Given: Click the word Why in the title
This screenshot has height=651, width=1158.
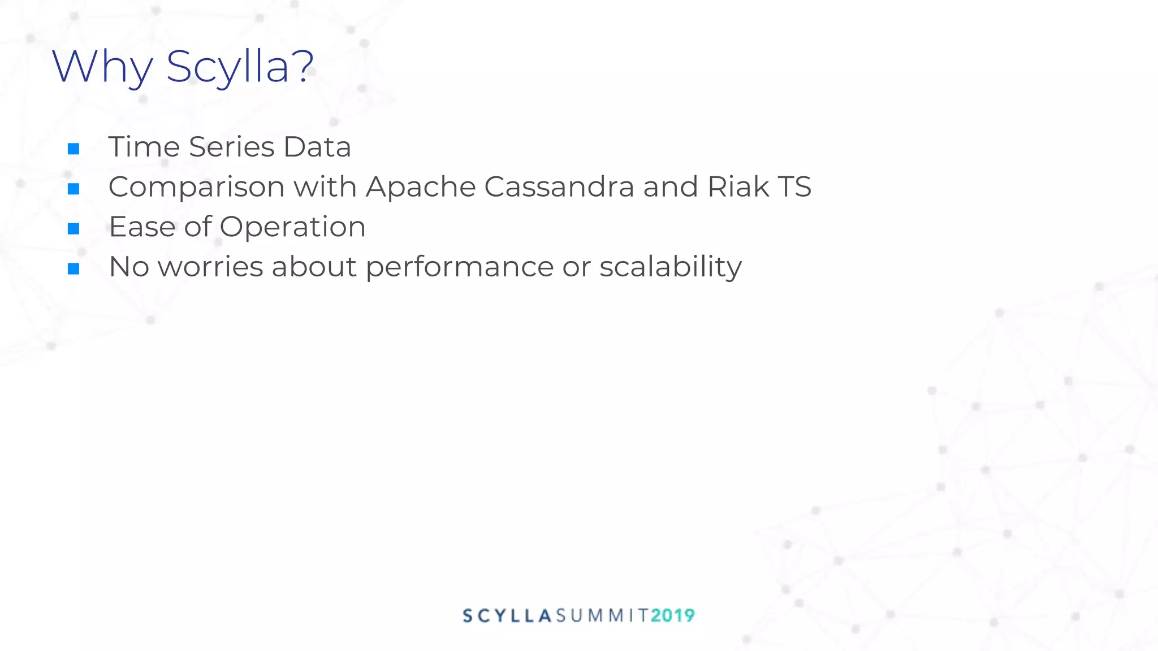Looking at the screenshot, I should click(102, 67).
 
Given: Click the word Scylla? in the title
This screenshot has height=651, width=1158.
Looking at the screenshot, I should click(240, 67).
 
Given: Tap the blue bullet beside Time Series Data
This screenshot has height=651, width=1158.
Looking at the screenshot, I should click(74, 149).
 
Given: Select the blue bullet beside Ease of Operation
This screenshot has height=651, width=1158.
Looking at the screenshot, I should click(74, 228).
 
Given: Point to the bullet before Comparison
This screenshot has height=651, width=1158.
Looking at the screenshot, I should click(74, 189).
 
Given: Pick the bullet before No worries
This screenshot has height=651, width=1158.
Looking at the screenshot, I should click(74, 268).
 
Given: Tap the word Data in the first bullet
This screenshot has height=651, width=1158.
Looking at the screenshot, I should click(317, 147).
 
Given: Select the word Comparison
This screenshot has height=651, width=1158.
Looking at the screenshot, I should click(196, 187).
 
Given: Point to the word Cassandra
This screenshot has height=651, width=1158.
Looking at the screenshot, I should click(559, 187).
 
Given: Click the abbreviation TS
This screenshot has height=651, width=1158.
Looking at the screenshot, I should click(794, 187).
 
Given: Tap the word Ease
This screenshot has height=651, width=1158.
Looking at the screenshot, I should click(142, 227).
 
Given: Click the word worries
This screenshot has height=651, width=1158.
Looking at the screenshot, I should click(210, 267).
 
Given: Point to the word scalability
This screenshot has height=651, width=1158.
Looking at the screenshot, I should click(671, 267).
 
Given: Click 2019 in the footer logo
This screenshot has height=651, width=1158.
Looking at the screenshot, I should click(672, 615).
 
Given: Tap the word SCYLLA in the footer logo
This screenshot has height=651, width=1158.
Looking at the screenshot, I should click(507, 615).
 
